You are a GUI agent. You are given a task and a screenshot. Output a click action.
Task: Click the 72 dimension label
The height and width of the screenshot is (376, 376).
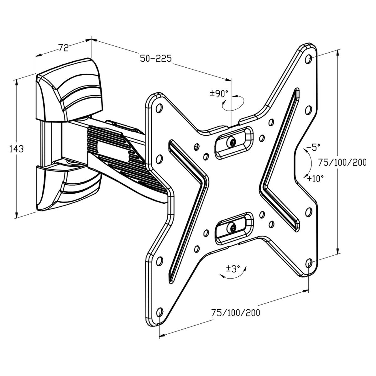(x=63, y=48)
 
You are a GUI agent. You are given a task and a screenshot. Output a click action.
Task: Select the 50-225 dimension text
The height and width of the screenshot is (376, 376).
(x=155, y=59)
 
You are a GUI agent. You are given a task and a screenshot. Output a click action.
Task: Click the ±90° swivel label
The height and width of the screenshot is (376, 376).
(x=218, y=94)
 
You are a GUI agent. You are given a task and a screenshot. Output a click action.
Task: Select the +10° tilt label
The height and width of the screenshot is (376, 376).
(x=315, y=179)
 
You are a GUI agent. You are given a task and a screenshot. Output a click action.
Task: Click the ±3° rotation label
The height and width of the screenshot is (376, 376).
(x=233, y=269)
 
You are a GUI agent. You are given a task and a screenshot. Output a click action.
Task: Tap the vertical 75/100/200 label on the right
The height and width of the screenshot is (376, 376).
(x=342, y=162)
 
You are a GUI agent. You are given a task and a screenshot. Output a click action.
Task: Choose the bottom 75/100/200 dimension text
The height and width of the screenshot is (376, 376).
(x=235, y=313)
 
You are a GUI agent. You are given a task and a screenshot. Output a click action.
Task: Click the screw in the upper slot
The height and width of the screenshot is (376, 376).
(x=232, y=142)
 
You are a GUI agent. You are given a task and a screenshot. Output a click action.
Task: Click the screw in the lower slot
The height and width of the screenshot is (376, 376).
(x=232, y=228)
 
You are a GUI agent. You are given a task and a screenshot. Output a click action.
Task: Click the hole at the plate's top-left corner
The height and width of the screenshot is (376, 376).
(x=159, y=108)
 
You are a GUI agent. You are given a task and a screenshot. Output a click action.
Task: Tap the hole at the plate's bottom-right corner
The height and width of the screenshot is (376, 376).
(x=309, y=263)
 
